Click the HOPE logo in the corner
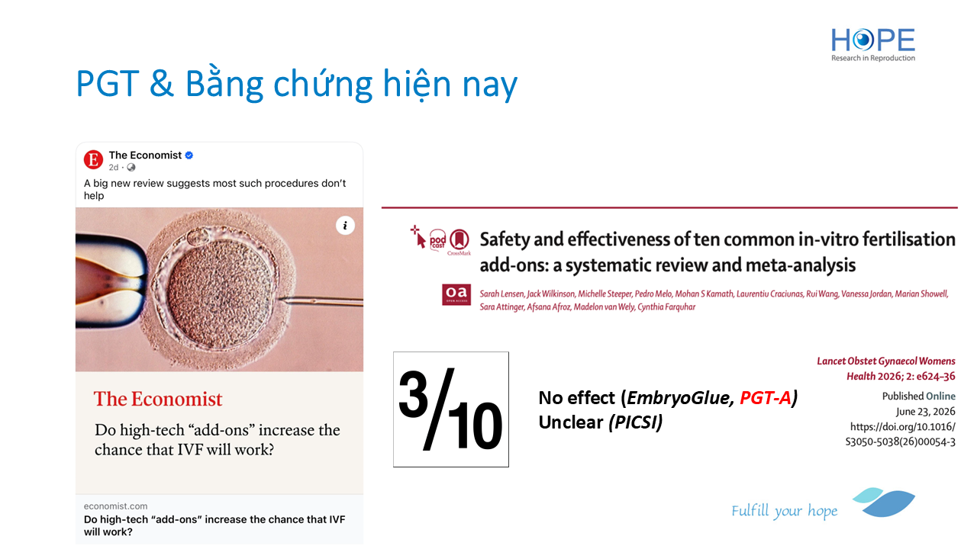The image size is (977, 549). (x=872, y=44)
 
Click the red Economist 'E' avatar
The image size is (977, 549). (x=93, y=159)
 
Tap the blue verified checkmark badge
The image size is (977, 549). (x=189, y=155)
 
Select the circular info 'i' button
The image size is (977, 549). (x=345, y=226)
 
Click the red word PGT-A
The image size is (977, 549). (x=766, y=397)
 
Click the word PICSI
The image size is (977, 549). (x=636, y=422)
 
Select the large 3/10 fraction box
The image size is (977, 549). (x=451, y=409)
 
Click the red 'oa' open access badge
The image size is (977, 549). (x=456, y=294)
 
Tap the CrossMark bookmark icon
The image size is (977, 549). (x=459, y=240)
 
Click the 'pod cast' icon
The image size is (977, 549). (x=437, y=240)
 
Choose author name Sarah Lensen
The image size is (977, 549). (x=501, y=294)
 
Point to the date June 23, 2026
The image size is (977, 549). (x=926, y=411)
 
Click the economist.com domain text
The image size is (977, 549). (x=115, y=506)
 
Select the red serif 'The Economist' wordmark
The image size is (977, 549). (x=158, y=399)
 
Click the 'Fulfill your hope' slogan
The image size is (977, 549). (x=784, y=511)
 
